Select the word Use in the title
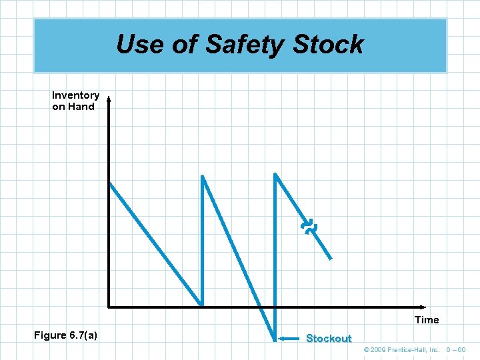tap(139, 45)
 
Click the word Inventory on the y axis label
tap(75, 95)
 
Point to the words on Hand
tap(73, 107)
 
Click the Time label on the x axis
tap(427, 320)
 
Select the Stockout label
tap(328, 339)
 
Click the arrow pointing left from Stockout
tap(289, 339)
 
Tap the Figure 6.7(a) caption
tap(65, 335)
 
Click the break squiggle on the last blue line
tap(309, 228)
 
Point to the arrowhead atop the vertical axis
tap(109, 101)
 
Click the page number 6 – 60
tap(456, 350)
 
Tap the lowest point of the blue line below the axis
tap(275, 341)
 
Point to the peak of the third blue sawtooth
tap(275, 174)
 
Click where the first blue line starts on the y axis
tap(109, 183)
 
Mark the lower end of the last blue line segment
tap(331, 259)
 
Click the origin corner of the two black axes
tap(109, 307)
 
